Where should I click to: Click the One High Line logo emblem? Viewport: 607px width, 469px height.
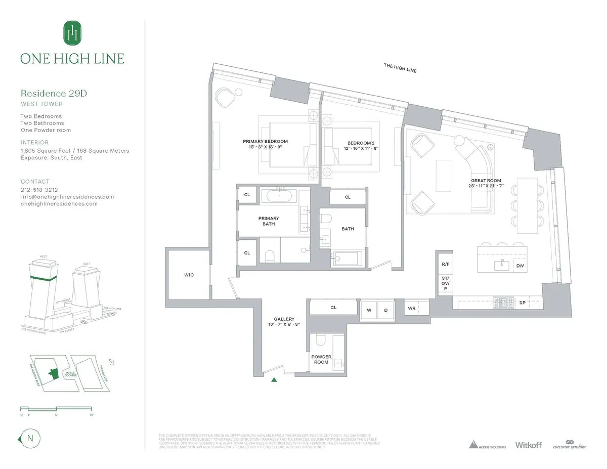[x=72, y=33]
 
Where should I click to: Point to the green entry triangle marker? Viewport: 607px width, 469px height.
[x=274, y=379]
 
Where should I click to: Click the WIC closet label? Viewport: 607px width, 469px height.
[x=189, y=275]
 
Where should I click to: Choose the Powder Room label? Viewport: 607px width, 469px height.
[x=321, y=359]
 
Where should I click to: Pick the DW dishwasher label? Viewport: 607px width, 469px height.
[x=519, y=266]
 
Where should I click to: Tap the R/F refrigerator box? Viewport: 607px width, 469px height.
[x=445, y=264]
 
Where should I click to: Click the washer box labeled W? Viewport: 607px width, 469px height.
[x=369, y=310]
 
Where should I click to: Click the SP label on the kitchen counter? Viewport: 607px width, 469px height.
[x=523, y=303]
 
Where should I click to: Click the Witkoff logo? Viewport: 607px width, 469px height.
[x=528, y=445]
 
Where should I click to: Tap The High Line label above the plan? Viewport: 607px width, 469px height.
[x=400, y=68]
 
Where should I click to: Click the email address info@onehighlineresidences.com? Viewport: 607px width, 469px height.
[x=67, y=197]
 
